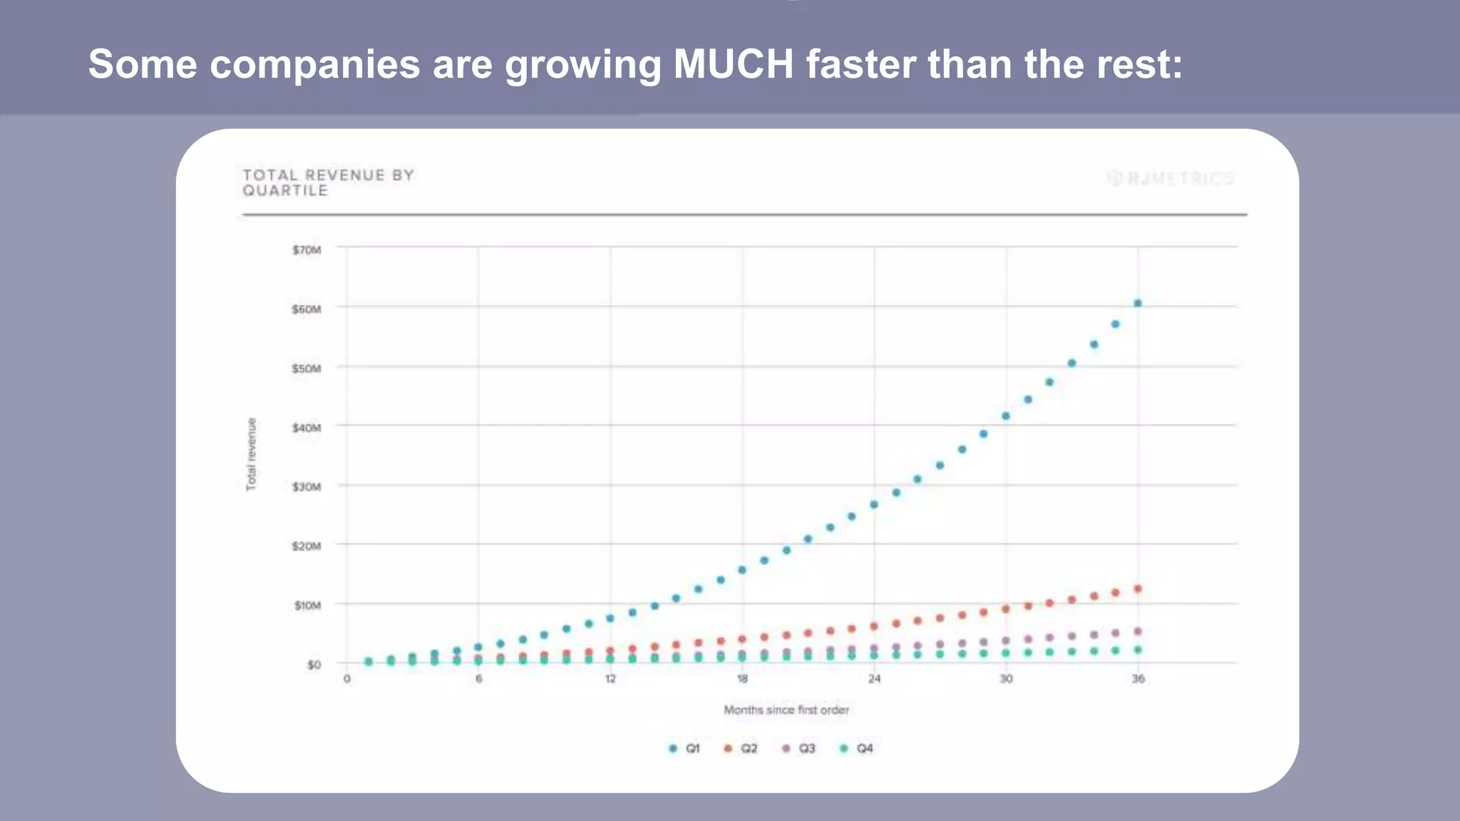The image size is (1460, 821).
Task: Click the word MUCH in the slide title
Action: coord(733,64)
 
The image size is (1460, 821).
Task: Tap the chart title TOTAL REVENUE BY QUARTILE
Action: coord(328,182)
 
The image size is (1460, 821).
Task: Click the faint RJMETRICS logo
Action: coord(1171,178)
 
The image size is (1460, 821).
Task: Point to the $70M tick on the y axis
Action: coord(307,249)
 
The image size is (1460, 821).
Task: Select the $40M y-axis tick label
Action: coord(307,428)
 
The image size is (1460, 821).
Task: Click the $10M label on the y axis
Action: coord(307,605)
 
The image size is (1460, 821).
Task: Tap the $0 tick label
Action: coord(314,664)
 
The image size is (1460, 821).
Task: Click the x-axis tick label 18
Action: coord(742,678)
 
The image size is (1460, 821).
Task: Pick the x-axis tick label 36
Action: coord(1138,678)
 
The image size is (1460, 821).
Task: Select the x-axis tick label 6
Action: coord(478,678)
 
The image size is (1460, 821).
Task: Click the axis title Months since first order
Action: coord(786,710)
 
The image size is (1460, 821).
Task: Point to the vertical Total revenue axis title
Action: coord(251,454)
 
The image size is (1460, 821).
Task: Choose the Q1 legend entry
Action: coord(684,748)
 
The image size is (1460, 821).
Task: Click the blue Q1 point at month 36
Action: coord(1138,303)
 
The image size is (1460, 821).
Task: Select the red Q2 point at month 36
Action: coord(1138,589)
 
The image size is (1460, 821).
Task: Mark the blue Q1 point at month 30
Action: coord(1006,416)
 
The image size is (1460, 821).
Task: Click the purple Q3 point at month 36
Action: coord(1138,631)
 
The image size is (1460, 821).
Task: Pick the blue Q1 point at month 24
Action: coord(874,505)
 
